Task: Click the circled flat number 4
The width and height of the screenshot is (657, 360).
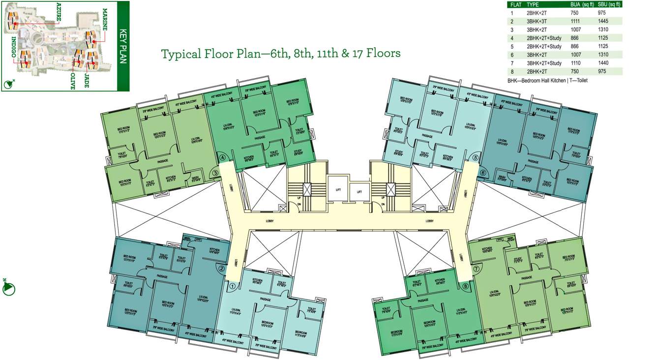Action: pos(223,157)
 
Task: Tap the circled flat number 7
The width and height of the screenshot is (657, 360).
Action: pos(476,270)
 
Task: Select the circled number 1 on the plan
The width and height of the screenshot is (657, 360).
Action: pos(233,285)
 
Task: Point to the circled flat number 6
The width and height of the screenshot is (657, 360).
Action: pos(483,173)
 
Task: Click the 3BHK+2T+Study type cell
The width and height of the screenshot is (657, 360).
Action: pos(544,63)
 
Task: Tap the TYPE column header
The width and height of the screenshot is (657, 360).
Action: pos(533,4)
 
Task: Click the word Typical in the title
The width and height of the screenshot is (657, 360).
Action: pos(180,53)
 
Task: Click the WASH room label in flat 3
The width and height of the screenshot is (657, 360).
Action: pos(196,179)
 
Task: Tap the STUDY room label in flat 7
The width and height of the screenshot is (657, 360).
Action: pos(517,260)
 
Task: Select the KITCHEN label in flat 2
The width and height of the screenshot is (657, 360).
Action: pos(214,250)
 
